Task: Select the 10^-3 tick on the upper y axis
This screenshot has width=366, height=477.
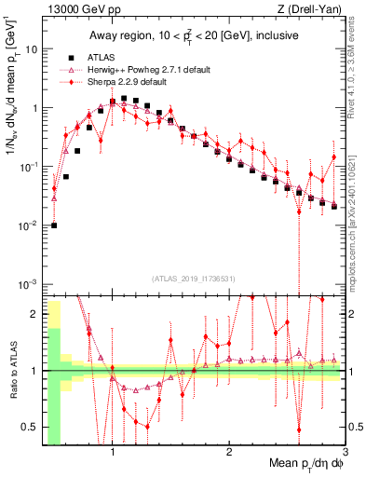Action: pyautogui.click(x=27, y=283)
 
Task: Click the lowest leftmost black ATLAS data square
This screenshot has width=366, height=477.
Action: pyautogui.click(x=54, y=225)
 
